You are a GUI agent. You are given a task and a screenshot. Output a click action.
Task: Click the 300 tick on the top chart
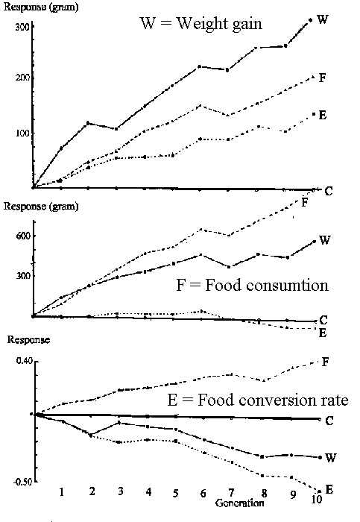click(22, 27)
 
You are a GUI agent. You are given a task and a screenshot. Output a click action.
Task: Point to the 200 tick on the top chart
click(22, 78)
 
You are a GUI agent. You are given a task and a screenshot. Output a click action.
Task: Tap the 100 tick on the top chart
click(22, 133)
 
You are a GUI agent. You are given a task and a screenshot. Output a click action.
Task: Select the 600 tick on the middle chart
click(23, 236)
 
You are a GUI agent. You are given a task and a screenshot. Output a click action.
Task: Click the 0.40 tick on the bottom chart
click(25, 361)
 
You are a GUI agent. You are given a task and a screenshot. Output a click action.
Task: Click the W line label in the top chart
click(323, 19)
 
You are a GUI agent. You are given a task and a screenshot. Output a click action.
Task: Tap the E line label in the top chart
click(323, 115)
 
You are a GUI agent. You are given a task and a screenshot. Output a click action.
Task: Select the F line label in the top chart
click(323, 78)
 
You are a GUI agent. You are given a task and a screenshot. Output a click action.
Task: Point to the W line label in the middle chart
click(324, 240)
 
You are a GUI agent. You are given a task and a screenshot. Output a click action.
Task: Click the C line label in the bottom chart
click(329, 421)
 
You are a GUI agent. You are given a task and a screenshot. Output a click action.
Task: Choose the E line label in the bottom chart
click(329, 489)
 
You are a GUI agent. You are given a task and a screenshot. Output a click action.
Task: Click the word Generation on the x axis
click(239, 503)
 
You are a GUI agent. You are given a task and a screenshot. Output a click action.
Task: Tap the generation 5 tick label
click(176, 493)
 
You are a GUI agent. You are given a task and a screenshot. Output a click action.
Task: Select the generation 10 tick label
click(317, 499)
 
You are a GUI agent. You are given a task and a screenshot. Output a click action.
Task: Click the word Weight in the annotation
click(202, 24)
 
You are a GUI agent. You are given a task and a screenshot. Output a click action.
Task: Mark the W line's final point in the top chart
click(310, 20)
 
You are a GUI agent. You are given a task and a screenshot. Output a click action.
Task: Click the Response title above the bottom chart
click(28, 340)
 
